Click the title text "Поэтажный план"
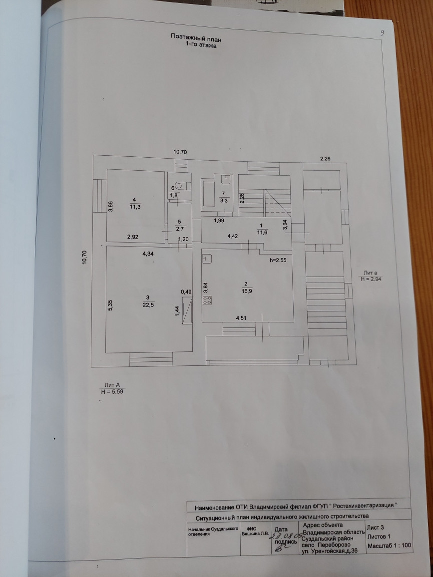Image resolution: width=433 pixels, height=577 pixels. tap(196, 37)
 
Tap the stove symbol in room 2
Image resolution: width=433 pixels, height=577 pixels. tap(207, 300)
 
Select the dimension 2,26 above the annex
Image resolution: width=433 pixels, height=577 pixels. tap(325, 159)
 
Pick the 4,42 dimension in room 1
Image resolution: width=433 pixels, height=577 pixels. tap(233, 236)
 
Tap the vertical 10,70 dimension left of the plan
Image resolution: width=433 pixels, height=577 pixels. tap(85, 257)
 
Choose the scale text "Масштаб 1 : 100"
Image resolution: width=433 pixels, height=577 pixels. tap(389, 546)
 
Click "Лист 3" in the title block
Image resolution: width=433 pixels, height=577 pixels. tap(376, 527)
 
